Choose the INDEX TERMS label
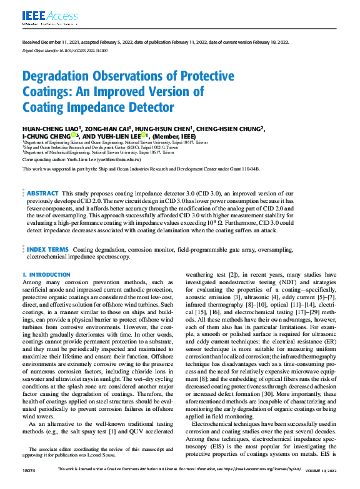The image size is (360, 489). point(47,249)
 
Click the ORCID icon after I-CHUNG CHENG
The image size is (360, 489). point(73,136)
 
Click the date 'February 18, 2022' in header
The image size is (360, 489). point(267,42)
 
